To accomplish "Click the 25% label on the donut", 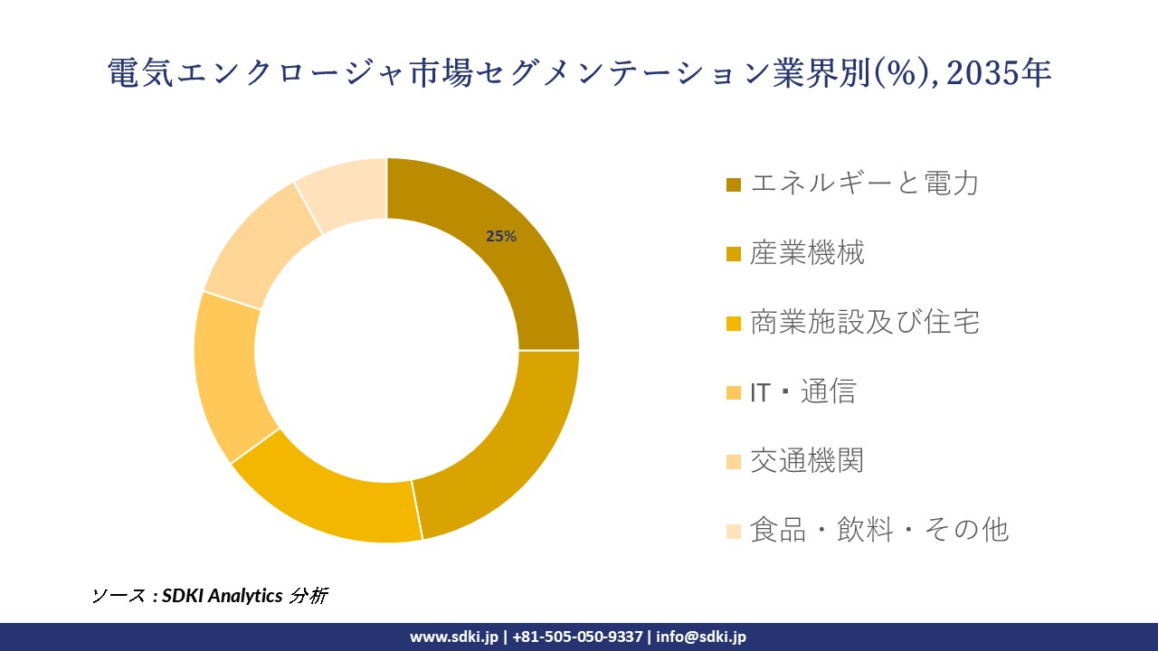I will pos(500,237).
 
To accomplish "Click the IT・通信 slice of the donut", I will pos(226,375).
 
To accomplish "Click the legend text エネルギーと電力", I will pos(864,184).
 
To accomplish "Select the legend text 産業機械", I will pos(807,253).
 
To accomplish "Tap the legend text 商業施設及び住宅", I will pos(864,322).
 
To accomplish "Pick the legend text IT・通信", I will pos(802,392).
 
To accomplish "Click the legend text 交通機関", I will pos(807,460).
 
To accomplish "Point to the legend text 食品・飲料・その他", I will pos(878,530).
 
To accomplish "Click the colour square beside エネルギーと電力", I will pos(734,184).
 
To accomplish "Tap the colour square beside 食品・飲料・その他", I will pos(734,531).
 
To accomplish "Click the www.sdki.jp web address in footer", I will pos(453,637).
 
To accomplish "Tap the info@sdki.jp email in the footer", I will pos(701,637).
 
